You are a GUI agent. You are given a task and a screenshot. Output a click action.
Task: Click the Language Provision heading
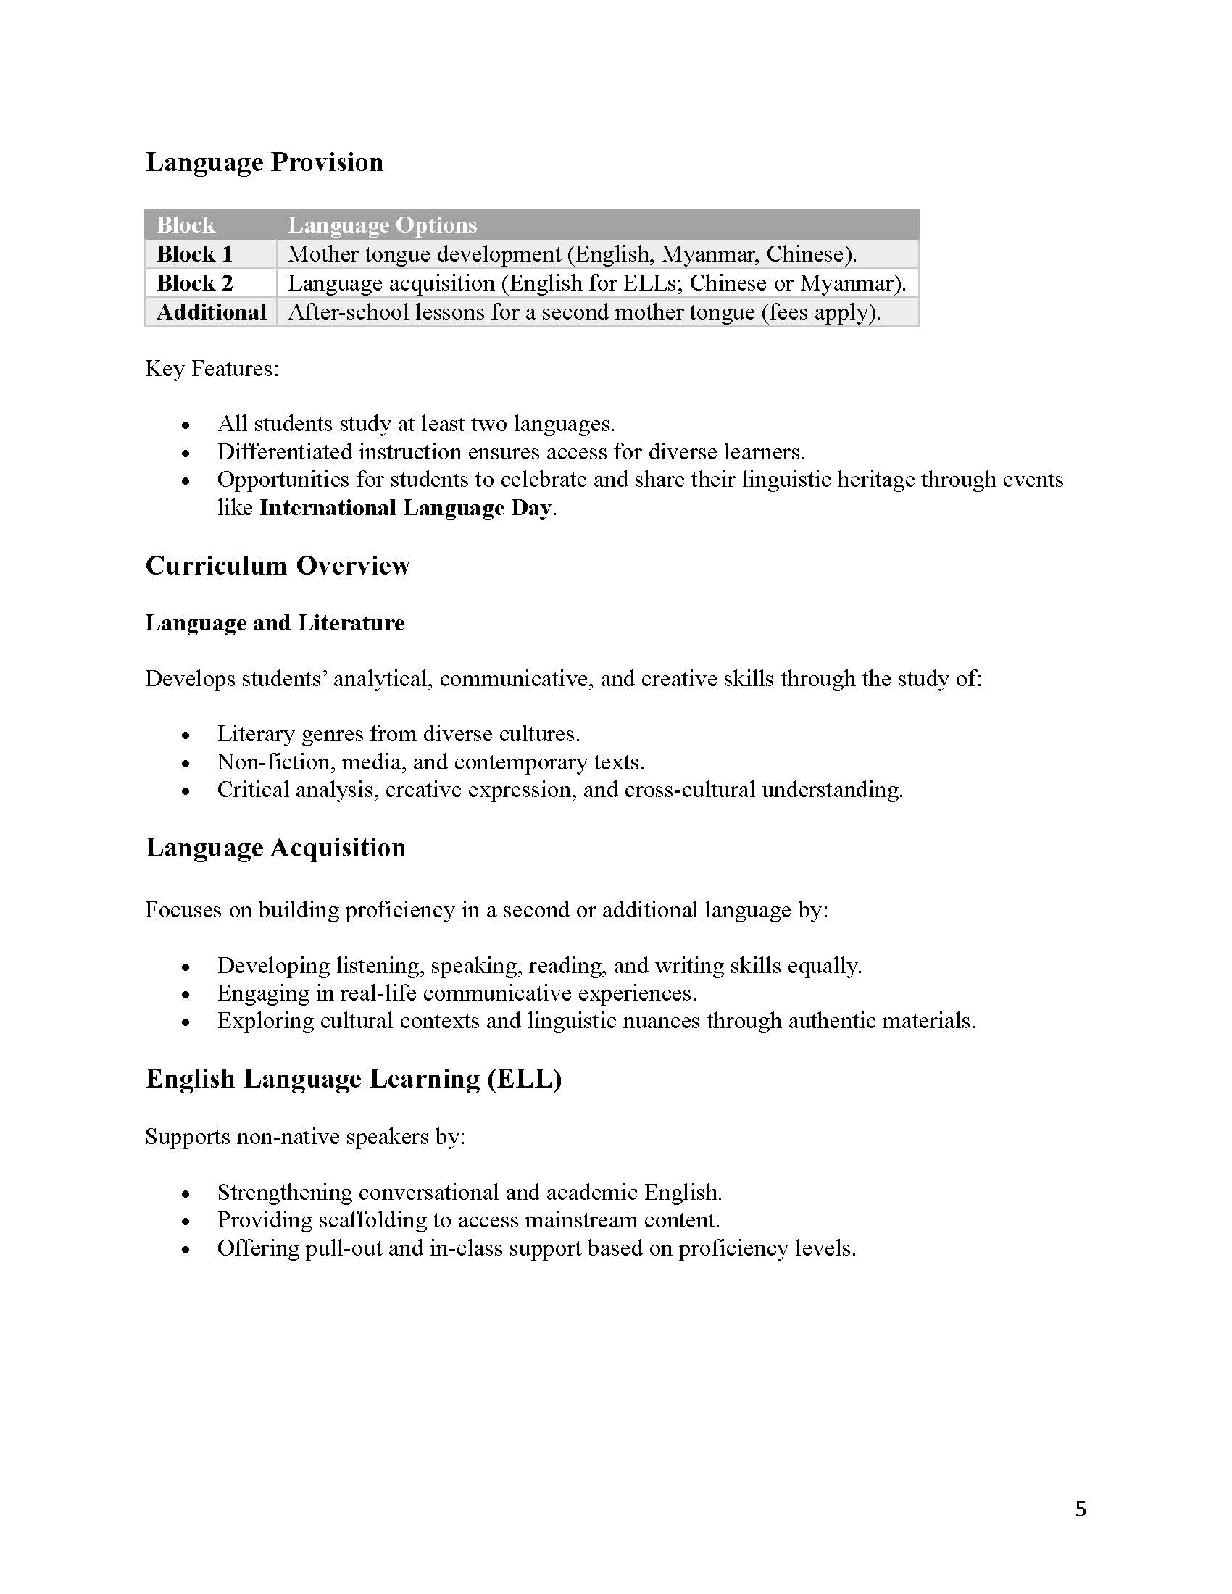click(x=264, y=162)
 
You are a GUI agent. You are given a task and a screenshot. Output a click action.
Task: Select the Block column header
click(x=186, y=225)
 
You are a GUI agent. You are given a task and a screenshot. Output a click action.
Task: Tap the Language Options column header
click(x=382, y=225)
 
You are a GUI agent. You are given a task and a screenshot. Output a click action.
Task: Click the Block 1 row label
click(x=194, y=254)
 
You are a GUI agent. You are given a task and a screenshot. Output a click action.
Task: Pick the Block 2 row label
click(x=194, y=283)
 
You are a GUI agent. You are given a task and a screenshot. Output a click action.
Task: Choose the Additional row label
click(x=211, y=312)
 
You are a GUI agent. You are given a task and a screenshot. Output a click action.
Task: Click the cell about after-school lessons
click(x=584, y=312)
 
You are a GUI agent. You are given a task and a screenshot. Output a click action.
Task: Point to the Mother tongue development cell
click(x=572, y=254)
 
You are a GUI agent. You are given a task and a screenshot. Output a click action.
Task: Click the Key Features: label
click(x=212, y=369)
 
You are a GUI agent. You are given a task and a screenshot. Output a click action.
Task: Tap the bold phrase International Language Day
click(x=405, y=508)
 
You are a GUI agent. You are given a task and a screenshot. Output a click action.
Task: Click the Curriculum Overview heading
click(x=278, y=566)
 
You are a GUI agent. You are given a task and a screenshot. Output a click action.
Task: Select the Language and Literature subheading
click(x=275, y=622)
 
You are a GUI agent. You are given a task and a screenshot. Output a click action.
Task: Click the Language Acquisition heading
click(x=275, y=848)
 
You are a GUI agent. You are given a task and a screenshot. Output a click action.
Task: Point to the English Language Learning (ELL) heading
click(x=353, y=1079)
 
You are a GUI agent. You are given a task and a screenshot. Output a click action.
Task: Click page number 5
click(x=1081, y=1509)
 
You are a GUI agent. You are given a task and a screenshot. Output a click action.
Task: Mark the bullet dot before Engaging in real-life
click(x=186, y=995)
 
